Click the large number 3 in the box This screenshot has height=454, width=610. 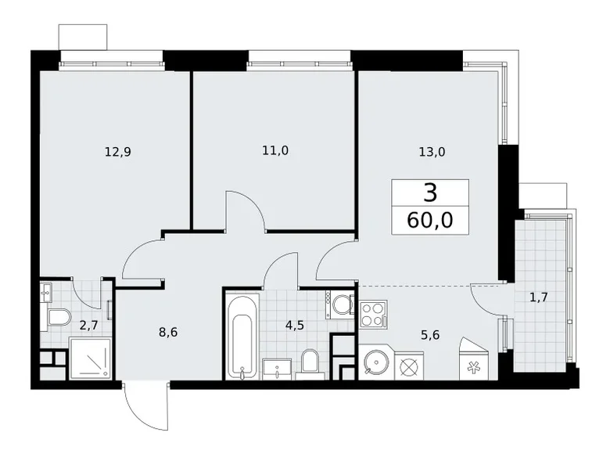(x=430, y=193)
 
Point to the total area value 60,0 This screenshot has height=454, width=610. (x=430, y=219)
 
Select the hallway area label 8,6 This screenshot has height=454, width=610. (x=168, y=331)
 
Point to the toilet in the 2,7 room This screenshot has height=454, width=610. (x=58, y=318)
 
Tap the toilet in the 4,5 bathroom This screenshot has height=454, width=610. (x=310, y=362)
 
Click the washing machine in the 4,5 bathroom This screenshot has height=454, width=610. (x=341, y=303)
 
